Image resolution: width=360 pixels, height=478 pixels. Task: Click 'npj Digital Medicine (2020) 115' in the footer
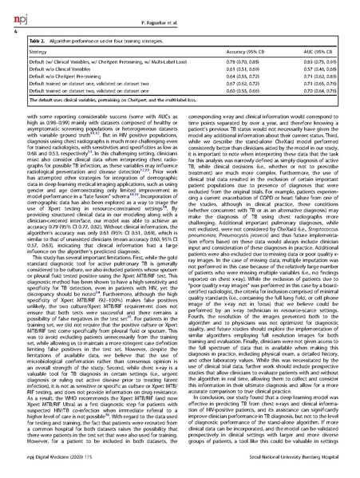(x=49, y=470)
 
